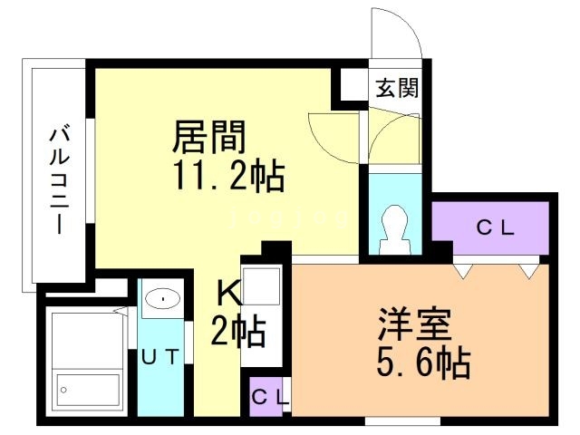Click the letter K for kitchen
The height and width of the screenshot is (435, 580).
click(230, 294)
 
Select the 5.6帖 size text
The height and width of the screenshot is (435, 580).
click(422, 364)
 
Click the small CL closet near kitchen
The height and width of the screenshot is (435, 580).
click(269, 395)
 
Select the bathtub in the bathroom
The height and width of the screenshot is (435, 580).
click(86, 361)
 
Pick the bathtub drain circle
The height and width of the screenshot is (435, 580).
click(64, 390)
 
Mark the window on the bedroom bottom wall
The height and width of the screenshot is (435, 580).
click(402, 420)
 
